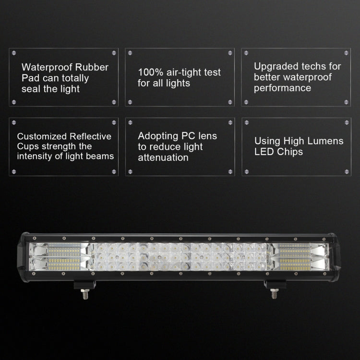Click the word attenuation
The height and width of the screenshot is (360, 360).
click(x=163, y=157)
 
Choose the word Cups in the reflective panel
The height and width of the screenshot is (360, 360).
click(x=26, y=146)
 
